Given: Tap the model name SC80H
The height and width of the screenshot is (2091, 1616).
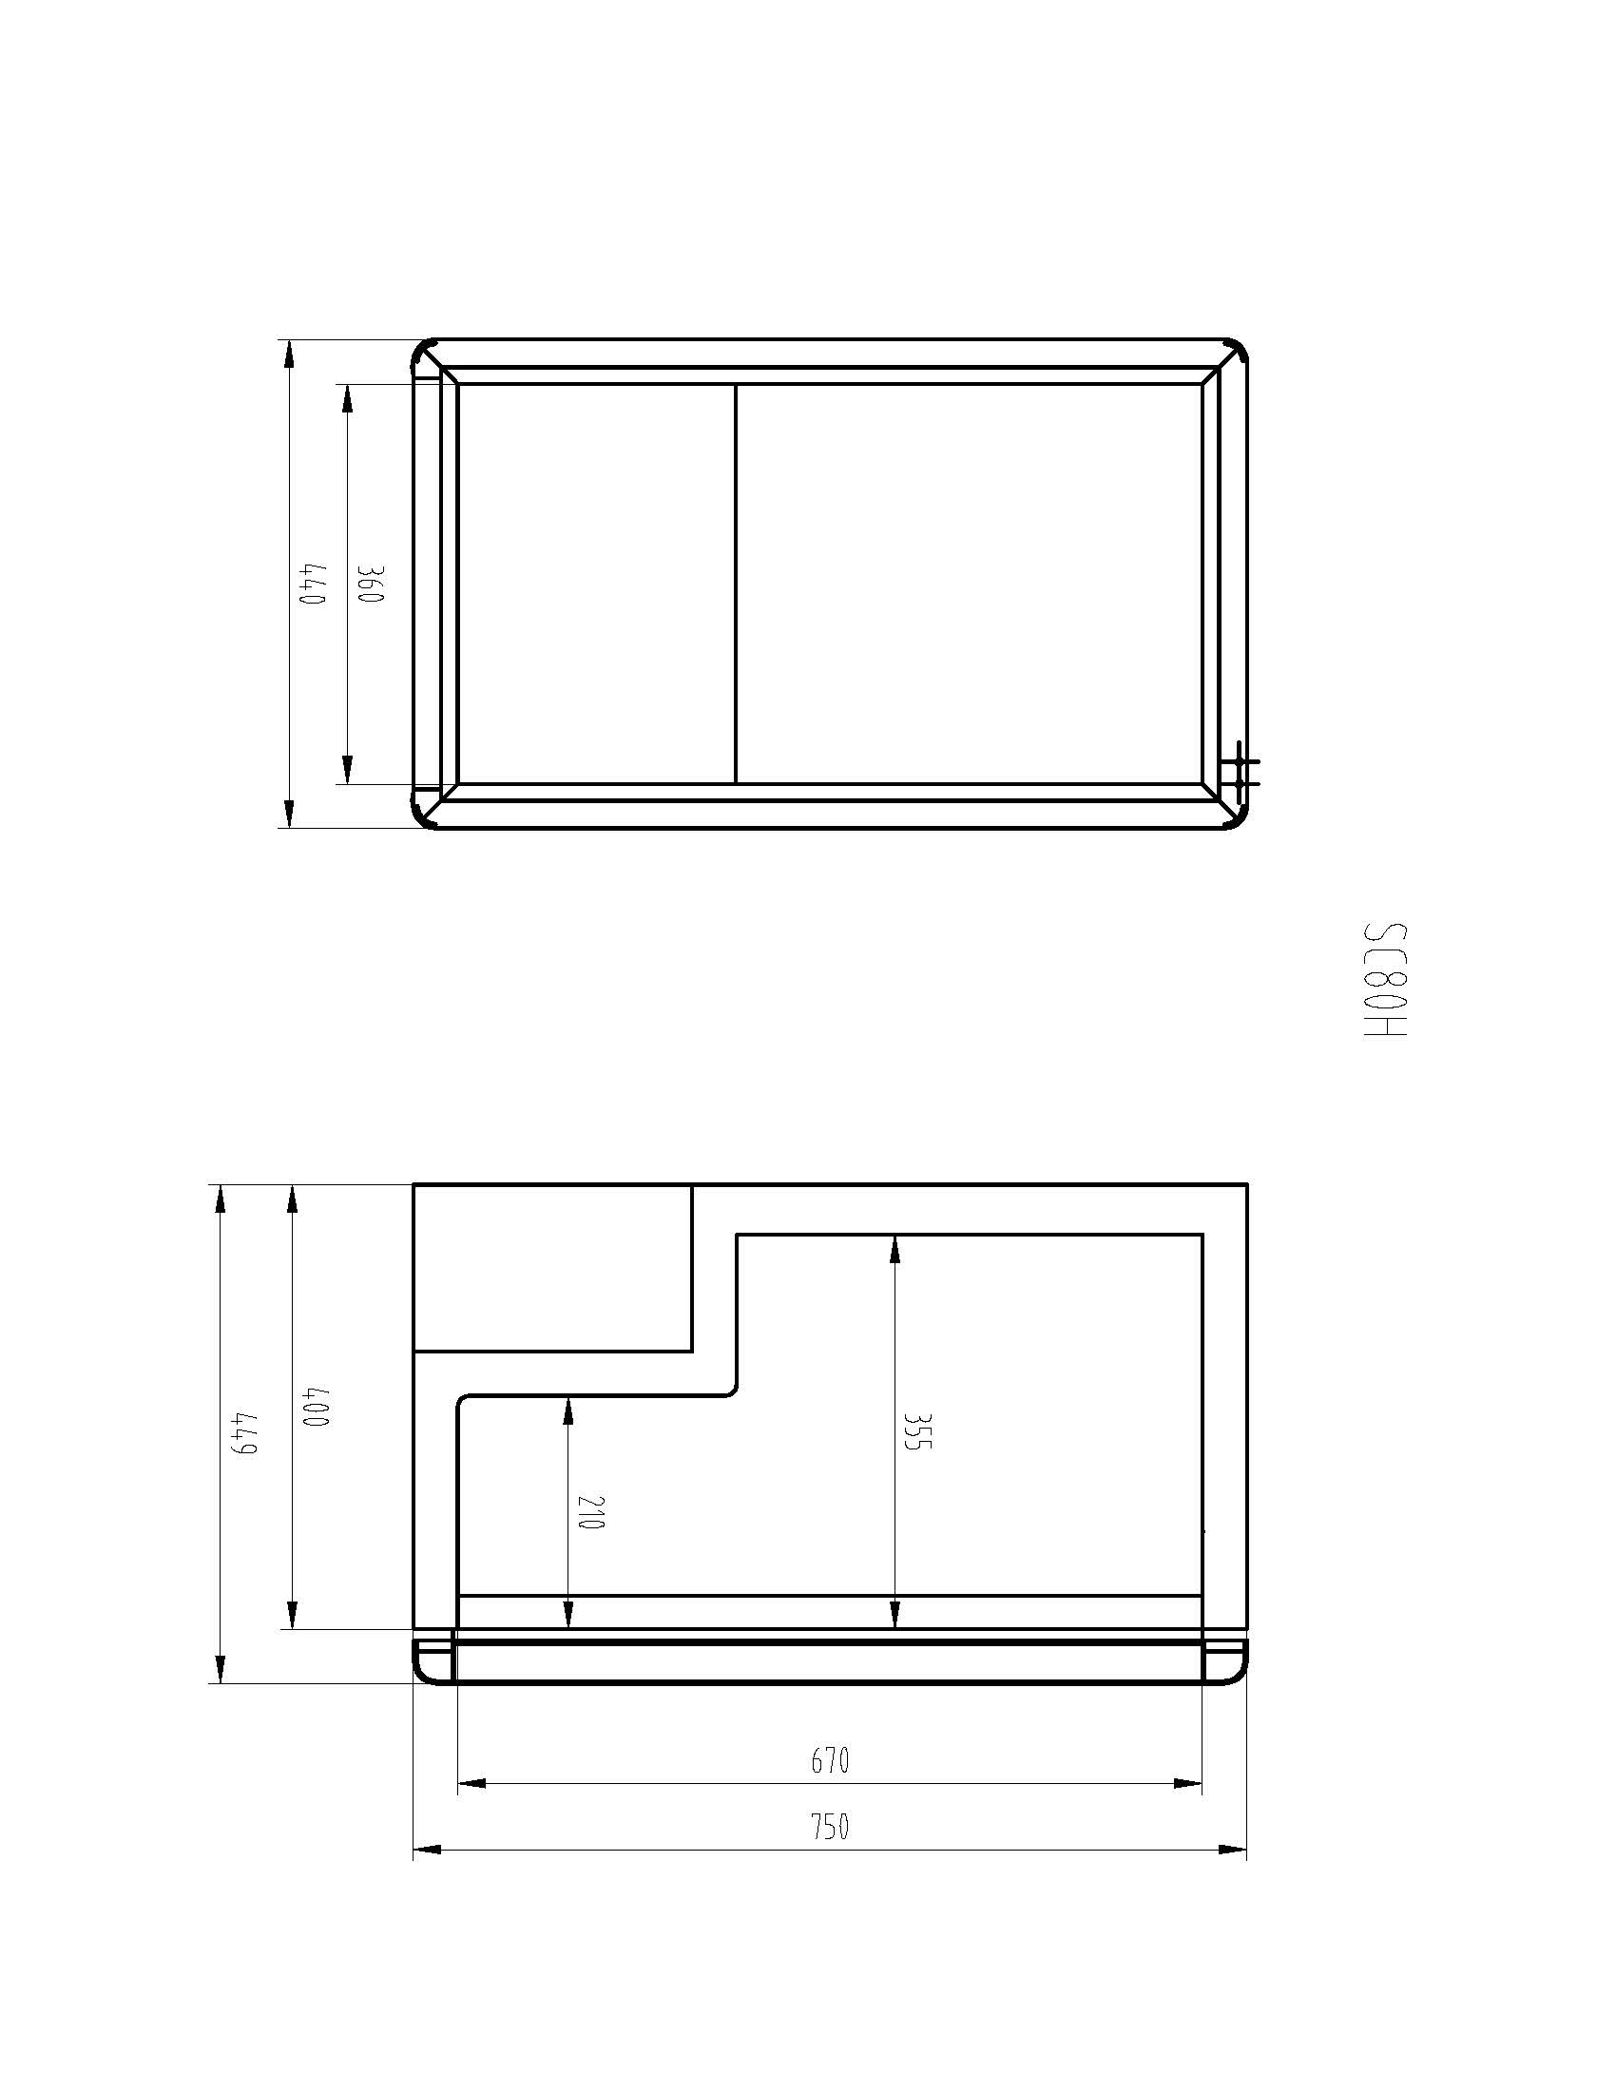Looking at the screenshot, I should coord(1385,983).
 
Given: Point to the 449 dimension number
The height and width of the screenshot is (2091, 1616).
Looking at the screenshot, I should coord(244,1433).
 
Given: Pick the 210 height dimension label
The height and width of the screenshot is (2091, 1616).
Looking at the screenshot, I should coord(591,1512).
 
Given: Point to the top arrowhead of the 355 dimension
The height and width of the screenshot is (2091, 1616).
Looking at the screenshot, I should coord(895,1249).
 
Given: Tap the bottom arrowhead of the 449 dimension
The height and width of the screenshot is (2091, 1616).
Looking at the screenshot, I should coord(221,1670).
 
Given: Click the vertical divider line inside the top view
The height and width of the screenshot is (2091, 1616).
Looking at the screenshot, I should coord(735,584).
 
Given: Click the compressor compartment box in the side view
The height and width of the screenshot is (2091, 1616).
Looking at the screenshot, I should coord(552,1268).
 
